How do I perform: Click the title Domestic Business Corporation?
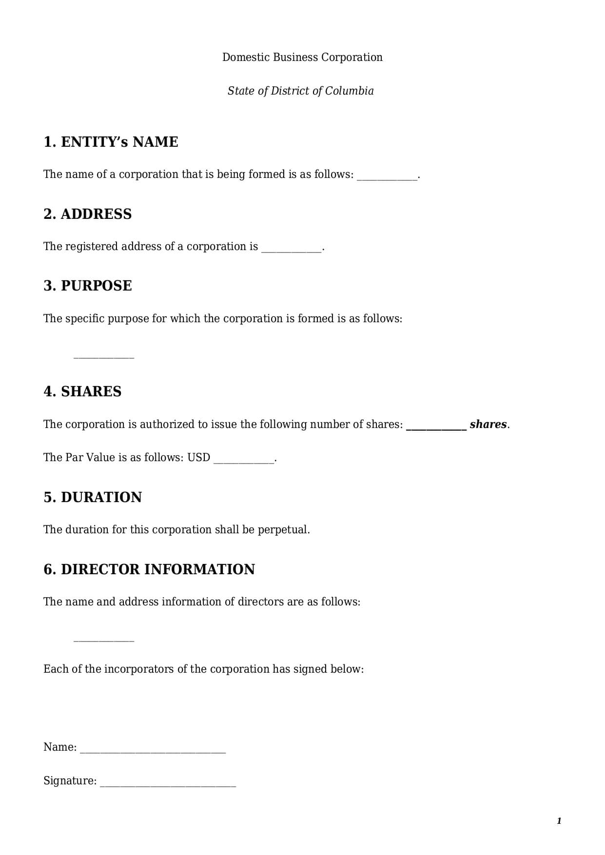302,58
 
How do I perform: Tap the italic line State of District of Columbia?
300,91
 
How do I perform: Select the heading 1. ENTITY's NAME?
111,142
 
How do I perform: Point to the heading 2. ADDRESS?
87,214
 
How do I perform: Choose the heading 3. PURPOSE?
87,286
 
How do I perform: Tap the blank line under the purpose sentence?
103,358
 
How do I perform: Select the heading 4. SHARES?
82,391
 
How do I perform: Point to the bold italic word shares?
488,425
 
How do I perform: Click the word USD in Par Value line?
199,458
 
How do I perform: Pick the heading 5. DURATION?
93,497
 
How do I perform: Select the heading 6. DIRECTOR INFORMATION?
149,569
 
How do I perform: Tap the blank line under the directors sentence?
103,641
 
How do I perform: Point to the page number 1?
559,821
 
